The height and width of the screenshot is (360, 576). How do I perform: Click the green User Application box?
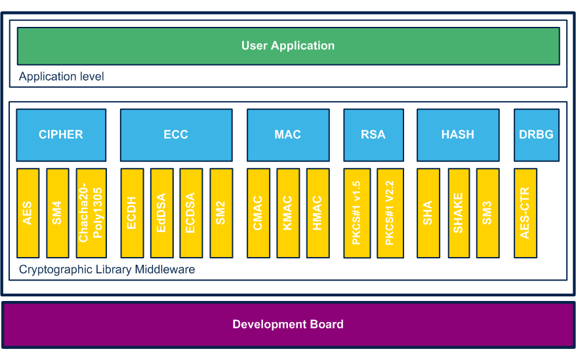pos(288,46)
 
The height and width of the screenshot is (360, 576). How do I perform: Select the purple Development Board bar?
pos(288,325)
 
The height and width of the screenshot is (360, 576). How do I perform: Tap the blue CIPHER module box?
pos(61,135)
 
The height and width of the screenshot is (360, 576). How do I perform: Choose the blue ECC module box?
pos(176,135)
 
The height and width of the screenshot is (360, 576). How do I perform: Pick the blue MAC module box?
pos(288,135)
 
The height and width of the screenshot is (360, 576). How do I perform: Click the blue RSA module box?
pos(373,135)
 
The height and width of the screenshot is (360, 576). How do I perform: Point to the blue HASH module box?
pos(458,135)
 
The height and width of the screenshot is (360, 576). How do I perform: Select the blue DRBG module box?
pos(536,135)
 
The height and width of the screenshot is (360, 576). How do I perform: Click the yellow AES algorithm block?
pos(28,213)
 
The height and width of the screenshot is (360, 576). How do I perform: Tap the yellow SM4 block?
pos(58,213)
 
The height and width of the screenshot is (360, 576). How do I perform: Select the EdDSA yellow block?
pos(161,213)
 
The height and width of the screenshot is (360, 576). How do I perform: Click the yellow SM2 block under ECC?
pos(221,213)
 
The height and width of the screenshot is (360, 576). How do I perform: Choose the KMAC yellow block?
pos(288,213)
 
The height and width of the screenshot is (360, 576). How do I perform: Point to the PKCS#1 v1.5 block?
pos(357,213)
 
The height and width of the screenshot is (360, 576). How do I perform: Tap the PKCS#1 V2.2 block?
pos(390,213)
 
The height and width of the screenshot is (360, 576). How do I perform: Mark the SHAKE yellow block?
pos(458,213)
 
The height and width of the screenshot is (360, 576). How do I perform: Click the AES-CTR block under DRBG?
pos(525,213)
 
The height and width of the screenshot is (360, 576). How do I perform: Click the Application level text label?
pos(62,77)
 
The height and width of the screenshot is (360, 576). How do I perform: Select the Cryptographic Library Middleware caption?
pos(107,270)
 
